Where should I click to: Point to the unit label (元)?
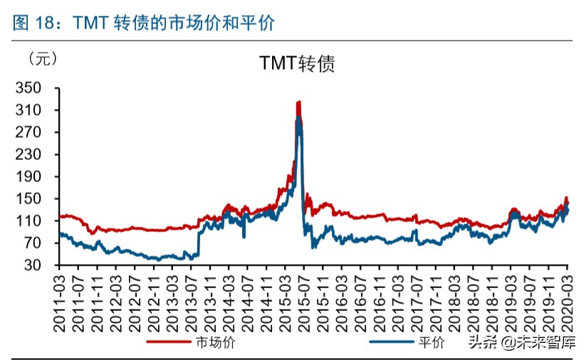(x=41, y=58)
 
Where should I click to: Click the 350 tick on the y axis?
(x=33, y=88)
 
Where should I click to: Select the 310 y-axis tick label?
(x=33, y=110)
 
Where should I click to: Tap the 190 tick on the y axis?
(x=33, y=176)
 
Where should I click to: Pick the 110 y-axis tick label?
(x=33, y=221)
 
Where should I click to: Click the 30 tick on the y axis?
(x=37, y=265)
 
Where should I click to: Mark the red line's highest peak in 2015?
(x=298, y=102)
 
